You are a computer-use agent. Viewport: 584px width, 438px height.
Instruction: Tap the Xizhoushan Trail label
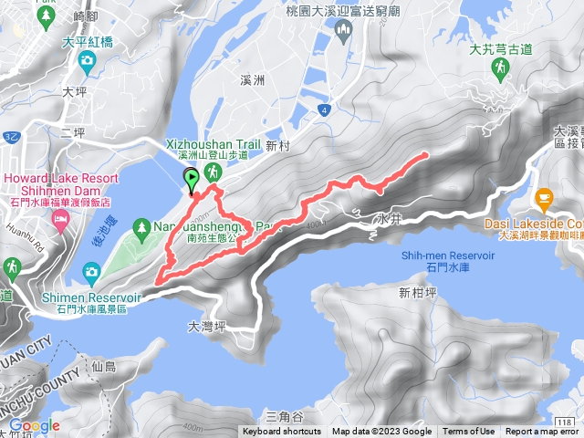tap(214, 144)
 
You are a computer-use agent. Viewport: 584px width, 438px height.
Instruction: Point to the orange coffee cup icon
tap(545, 198)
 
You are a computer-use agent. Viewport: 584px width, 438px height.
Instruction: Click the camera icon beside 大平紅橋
tap(86, 61)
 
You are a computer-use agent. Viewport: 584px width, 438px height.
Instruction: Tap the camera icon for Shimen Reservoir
tap(91, 271)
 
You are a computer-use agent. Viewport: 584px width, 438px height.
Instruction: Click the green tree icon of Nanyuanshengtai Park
tap(141, 225)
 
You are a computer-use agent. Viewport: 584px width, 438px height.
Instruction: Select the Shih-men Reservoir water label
tap(447, 256)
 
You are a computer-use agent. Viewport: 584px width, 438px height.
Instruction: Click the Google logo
tap(34, 425)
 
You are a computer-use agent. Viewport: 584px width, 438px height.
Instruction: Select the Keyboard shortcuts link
tap(283, 432)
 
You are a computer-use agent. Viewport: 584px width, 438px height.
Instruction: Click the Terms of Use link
tap(469, 432)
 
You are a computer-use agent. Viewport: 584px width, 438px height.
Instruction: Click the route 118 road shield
tap(565, 422)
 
